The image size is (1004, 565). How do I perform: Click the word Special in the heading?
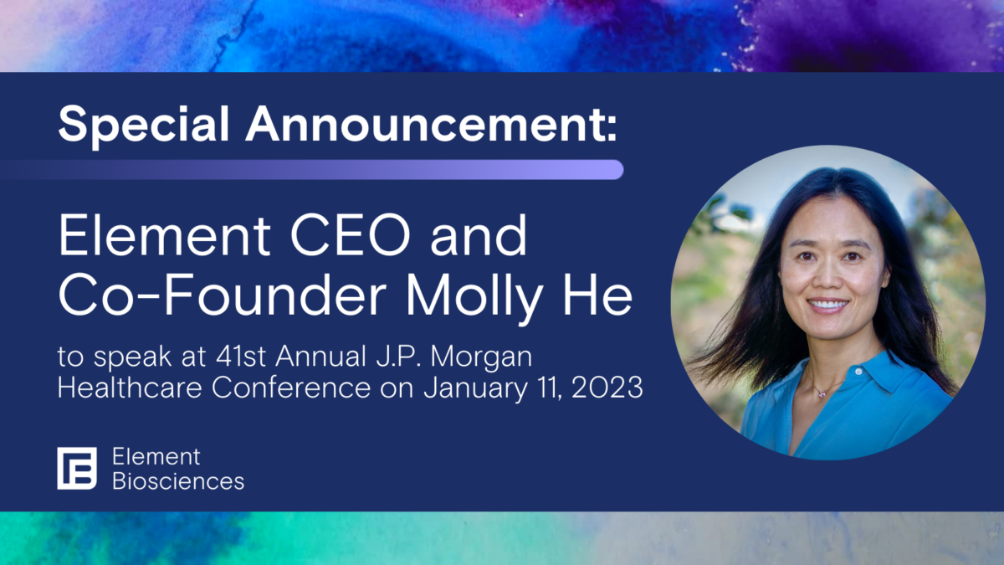click(x=144, y=124)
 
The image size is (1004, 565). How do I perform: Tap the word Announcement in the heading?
click(x=425, y=124)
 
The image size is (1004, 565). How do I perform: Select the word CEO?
click(x=351, y=234)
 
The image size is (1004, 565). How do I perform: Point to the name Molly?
click(x=474, y=297)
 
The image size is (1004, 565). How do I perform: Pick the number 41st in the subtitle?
click(x=241, y=357)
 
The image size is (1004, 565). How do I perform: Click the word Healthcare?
click(x=130, y=387)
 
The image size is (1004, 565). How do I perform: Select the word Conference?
click(x=291, y=387)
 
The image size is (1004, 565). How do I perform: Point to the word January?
click(x=476, y=388)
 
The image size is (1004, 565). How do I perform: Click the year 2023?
click(x=607, y=388)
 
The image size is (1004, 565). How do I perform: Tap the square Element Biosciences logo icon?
click(x=77, y=468)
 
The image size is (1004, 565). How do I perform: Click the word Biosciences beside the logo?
click(x=178, y=481)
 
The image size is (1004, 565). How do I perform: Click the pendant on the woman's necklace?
click(x=822, y=393)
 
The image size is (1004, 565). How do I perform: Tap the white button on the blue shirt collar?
click(x=858, y=372)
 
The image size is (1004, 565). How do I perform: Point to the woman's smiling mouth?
click(x=827, y=306)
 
